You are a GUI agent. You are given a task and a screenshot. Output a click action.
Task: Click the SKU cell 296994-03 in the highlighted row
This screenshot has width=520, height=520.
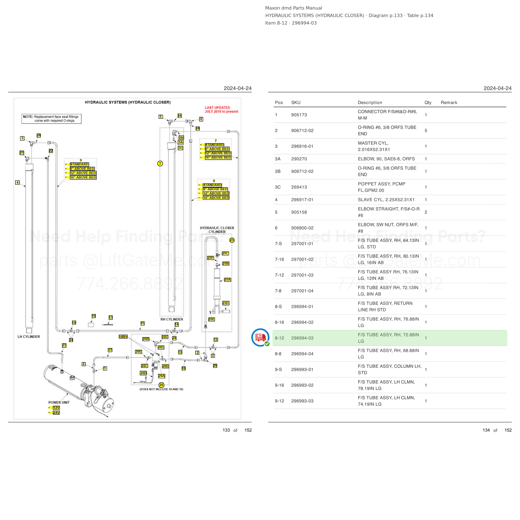coord(302,338)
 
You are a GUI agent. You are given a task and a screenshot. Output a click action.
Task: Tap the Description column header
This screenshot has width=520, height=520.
coord(370,103)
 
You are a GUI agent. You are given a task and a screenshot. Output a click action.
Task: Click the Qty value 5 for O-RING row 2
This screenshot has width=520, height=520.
coord(426,131)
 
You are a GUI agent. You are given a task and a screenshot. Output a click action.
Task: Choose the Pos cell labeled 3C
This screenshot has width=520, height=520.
coord(278,187)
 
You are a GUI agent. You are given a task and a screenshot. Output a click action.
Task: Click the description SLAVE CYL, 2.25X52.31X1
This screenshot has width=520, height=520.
coord(386,200)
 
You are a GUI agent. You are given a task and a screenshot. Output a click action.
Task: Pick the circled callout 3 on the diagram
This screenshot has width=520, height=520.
coord(160,163)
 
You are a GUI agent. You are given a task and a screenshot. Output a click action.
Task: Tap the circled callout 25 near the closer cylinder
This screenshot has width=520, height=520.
coord(232,240)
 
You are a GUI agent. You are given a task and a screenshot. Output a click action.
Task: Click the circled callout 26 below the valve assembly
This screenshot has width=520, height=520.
coord(161,385)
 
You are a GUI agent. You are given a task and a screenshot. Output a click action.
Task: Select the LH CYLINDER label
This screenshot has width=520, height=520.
coord(29,337)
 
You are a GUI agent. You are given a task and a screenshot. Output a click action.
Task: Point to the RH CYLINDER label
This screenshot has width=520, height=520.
coord(172,319)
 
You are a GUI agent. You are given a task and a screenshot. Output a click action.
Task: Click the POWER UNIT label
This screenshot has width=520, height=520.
coord(59,402)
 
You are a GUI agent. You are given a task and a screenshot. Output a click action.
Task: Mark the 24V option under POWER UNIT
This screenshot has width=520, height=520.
coord(56,413)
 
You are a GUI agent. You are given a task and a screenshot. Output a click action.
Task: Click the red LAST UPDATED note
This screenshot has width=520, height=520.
coord(221,110)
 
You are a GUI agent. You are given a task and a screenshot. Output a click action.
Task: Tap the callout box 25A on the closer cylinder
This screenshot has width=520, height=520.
coord(227,280)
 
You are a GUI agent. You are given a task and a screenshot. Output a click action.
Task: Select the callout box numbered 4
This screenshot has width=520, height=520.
coord(17,182)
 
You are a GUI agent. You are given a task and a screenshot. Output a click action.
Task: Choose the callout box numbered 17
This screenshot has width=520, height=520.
coord(110,350)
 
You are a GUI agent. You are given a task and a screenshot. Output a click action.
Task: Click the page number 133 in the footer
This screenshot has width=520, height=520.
coord(226,430)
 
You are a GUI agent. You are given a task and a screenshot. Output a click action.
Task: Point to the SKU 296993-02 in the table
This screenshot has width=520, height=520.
coord(302,385)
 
